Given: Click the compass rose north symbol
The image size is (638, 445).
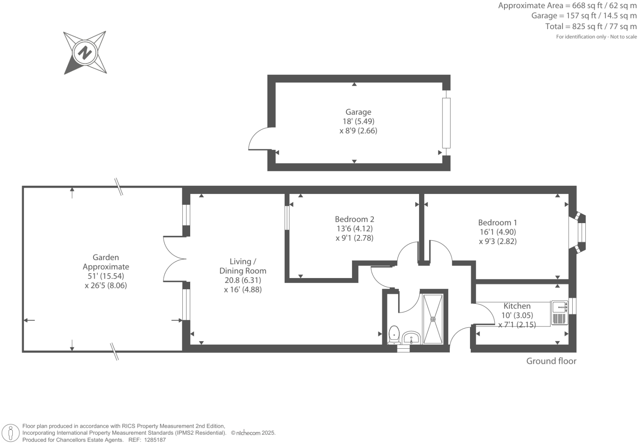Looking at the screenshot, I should [85, 52].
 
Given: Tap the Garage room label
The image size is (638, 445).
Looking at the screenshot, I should [358, 112].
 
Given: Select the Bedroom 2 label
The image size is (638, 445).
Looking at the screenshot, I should [354, 219].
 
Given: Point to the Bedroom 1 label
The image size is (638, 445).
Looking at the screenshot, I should [497, 222].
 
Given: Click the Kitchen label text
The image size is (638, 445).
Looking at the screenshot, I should [517, 306].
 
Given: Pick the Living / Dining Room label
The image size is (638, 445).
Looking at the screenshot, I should [242, 266].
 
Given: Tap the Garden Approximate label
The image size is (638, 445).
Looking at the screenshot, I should [106, 262].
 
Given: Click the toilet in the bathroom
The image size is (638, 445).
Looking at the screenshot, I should [394, 335].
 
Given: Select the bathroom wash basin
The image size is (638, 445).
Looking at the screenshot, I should [411, 338].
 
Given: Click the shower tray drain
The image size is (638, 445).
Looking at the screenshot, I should [433, 319].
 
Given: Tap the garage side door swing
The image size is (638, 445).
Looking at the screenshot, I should [260, 139].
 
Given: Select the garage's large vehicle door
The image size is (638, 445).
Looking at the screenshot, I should [446, 123].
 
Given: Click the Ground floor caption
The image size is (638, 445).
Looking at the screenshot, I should [551, 361].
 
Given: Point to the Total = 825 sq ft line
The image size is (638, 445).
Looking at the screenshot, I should [591, 26].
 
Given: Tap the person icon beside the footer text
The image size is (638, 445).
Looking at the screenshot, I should [11, 433].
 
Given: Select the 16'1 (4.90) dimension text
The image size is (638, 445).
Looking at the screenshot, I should [498, 232].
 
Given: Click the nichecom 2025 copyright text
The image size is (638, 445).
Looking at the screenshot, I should [253, 433].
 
